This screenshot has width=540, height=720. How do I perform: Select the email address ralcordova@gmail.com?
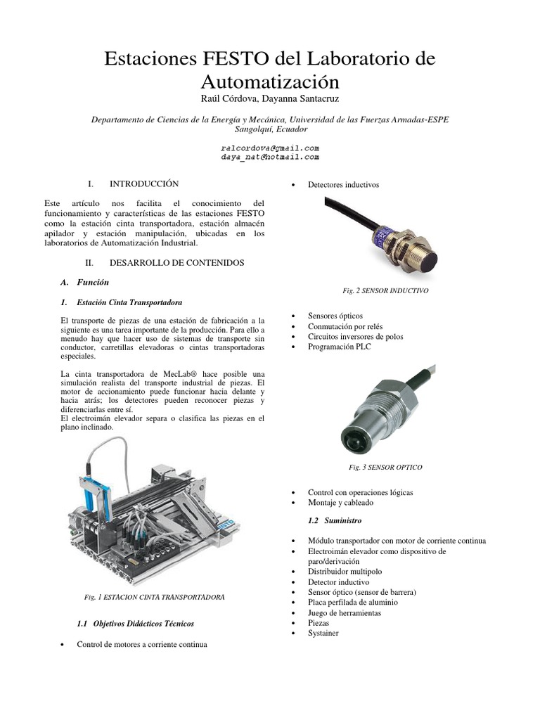tap(270, 148)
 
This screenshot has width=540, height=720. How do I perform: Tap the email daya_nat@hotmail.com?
tap(270, 157)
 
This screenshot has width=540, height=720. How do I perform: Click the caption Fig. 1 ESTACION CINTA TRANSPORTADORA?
tap(154, 597)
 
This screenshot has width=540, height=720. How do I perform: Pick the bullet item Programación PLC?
tap(339, 347)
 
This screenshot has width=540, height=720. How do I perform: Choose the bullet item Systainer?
tap(323, 633)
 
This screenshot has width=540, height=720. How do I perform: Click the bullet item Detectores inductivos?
tap(343, 185)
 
